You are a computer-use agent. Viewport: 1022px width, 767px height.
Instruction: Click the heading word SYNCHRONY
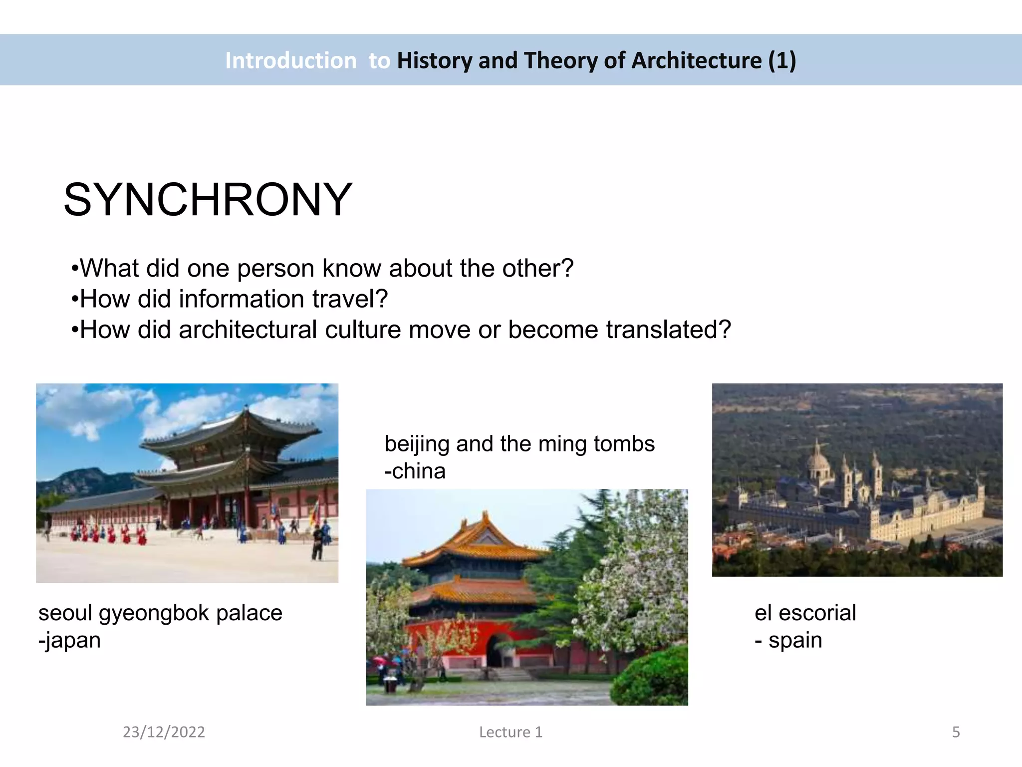[208, 200]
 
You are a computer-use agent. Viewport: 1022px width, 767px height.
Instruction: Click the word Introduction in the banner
[290, 60]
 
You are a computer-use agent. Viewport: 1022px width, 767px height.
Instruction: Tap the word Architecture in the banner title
[697, 60]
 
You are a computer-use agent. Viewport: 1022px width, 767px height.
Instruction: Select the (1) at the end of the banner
[782, 60]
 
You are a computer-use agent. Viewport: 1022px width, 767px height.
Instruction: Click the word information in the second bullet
[242, 299]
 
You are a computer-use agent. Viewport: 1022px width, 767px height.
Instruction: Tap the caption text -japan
[69, 640]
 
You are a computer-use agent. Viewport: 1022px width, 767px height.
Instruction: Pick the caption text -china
[415, 471]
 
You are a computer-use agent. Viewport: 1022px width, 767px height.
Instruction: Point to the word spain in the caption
[795, 640]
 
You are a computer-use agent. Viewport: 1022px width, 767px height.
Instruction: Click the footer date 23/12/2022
[164, 732]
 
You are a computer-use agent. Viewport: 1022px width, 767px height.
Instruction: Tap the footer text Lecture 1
[511, 732]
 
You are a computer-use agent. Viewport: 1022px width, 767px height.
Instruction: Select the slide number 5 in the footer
[956, 732]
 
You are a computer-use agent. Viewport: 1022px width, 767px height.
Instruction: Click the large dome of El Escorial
[818, 464]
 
